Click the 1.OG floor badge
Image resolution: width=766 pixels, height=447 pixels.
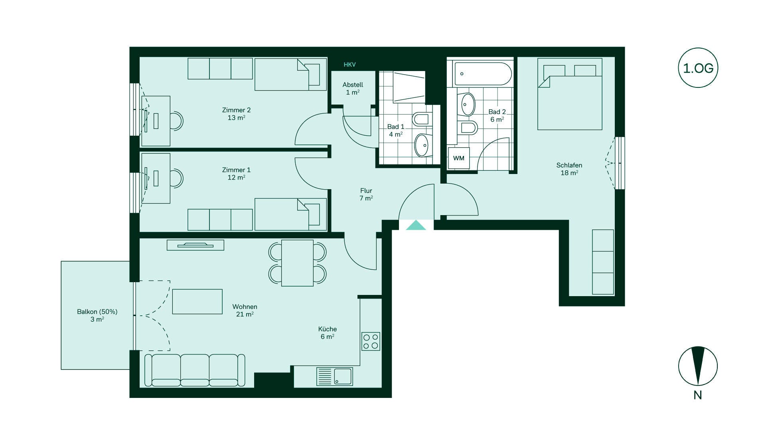pyautogui.click(x=698, y=68)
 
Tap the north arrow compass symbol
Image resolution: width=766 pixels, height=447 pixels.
pyautogui.click(x=698, y=366)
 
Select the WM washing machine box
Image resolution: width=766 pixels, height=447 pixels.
pyautogui.click(x=459, y=158)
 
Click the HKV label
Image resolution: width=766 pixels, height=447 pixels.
pyautogui.click(x=349, y=65)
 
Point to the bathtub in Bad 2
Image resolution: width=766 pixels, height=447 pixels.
pyautogui.click(x=483, y=74)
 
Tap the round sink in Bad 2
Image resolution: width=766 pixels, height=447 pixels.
pyautogui.click(x=468, y=104)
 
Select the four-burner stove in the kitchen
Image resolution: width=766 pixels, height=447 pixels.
pyautogui.click(x=371, y=341)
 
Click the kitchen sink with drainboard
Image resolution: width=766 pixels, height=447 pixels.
pyautogui.click(x=334, y=376)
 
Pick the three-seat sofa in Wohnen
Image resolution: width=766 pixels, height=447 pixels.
pyautogui.click(x=195, y=370)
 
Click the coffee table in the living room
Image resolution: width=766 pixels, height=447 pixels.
pyautogui.click(x=197, y=301)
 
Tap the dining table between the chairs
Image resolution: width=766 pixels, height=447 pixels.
pyautogui.click(x=297, y=263)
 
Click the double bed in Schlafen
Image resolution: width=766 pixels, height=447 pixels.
pyautogui.click(x=570, y=94)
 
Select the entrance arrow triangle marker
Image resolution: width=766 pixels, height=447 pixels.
pyautogui.click(x=416, y=225)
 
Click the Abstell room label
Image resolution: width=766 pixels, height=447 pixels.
pyautogui.click(x=353, y=85)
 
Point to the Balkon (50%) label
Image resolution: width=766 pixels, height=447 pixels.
pyautogui.click(x=97, y=312)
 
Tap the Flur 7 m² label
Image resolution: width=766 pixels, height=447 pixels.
pyautogui.click(x=366, y=194)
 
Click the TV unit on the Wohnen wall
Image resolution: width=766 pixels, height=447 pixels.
pyautogui.click(x=195, y=245)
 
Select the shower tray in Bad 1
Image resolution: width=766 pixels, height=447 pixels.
pyautogui.click(x=409, y=87)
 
